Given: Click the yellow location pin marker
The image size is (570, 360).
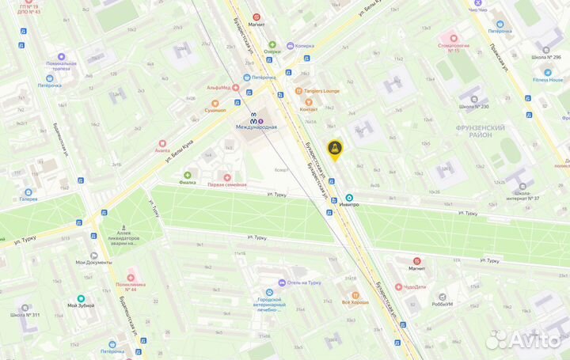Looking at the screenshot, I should click(x=335, y=148).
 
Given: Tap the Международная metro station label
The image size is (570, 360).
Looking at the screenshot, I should click(x=256, y=127).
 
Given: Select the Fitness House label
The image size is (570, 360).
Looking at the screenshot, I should click(x=546, y=80).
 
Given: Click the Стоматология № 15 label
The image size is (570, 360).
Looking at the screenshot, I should click(x=454, y=50).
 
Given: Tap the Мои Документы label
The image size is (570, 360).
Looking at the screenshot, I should click(x=92, y=262).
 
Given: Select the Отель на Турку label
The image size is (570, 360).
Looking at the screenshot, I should click(x=303, y=282).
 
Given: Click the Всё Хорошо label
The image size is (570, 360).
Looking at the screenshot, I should click(x=356, y=302).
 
